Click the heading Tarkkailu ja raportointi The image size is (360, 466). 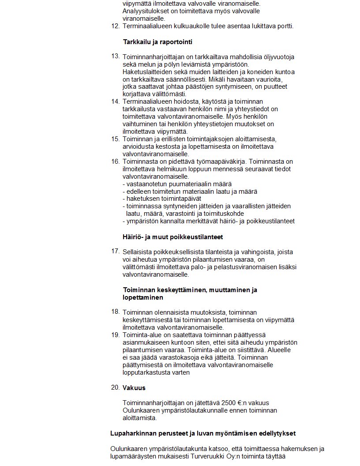(157, 42)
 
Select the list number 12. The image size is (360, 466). (115, 26)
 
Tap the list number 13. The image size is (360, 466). (115, 56)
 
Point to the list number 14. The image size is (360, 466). (115, 101)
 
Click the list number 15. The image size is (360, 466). (115, 139)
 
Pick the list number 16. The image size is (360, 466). (115, 162)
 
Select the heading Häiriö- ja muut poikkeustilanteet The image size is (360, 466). (172, 237)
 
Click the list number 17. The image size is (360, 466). (115, 251)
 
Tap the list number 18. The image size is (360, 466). (115, 312)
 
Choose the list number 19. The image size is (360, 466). (115, 334)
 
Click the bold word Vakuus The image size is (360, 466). (134, 388)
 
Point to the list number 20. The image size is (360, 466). (115, 387)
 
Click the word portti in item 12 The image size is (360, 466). (284, 26)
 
